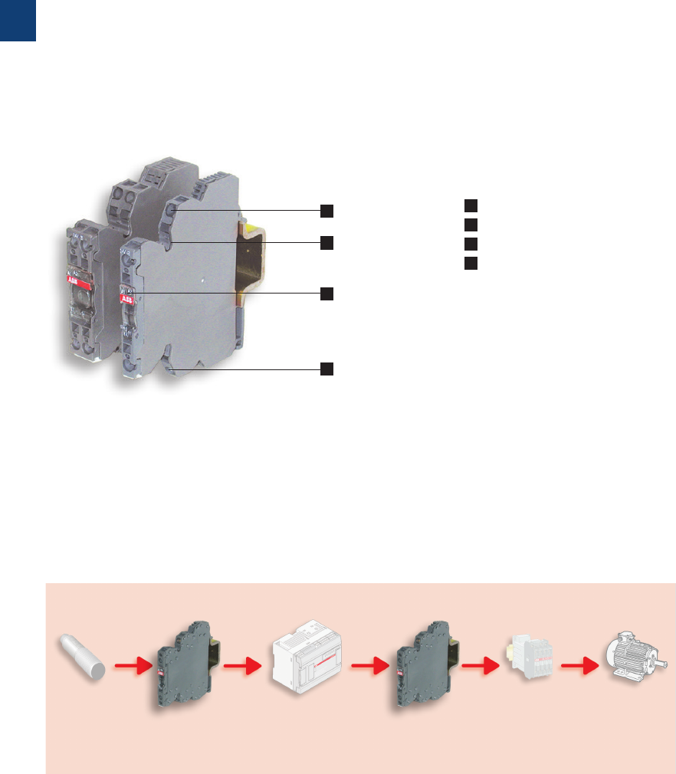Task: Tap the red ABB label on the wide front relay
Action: pyautogui.click(x=126, y=297)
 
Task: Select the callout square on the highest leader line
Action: pyautogui.click(x=327, y=210)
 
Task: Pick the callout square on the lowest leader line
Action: pyautogui.click(x=327, y=369)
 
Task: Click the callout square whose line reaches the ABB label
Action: pyautogui.click(x=327, y=294)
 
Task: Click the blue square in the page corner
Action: pyautogui.click(x=18, y=20)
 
